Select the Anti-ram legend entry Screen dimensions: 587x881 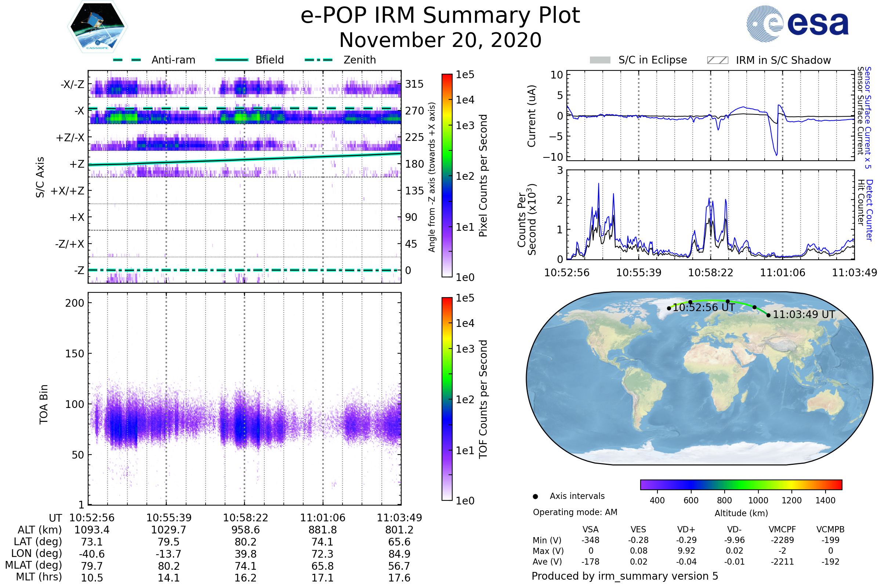click(173, 60)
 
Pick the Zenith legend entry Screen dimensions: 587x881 click(359, 60)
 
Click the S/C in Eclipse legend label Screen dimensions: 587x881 click(652, 60)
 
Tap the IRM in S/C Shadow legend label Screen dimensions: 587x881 click(783, 60)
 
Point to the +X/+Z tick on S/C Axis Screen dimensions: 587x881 click(68, 191)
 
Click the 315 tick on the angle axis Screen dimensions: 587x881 click(414, 84)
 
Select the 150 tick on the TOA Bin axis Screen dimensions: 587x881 click(75, 353)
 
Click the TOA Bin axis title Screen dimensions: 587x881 click(44, 404)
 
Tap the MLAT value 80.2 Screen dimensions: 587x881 click(168, 566)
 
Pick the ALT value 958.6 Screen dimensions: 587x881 click(245, 530)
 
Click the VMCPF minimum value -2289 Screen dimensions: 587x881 click(782, 540)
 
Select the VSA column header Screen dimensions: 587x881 click(590, 529)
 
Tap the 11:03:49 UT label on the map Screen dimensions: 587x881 click(804, 314)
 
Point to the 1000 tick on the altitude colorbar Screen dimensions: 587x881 click(758, 500)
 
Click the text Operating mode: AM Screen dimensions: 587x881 click(575, 512)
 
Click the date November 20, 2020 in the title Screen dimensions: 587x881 click(440, 40)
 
